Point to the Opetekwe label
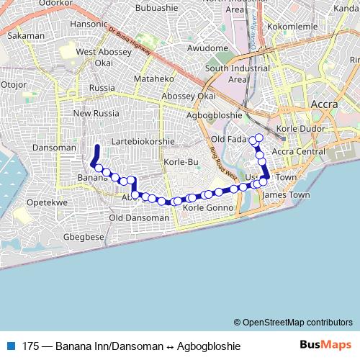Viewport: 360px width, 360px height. coord(47,203)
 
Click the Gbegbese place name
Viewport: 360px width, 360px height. coord(84,237)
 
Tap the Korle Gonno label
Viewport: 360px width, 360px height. coord(210,208)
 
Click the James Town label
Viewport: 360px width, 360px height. coord(287,195)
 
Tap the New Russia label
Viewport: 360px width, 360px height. coord(96,113)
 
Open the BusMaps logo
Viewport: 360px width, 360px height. coord(325,346)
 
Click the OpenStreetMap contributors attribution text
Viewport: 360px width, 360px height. coord(297,322)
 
